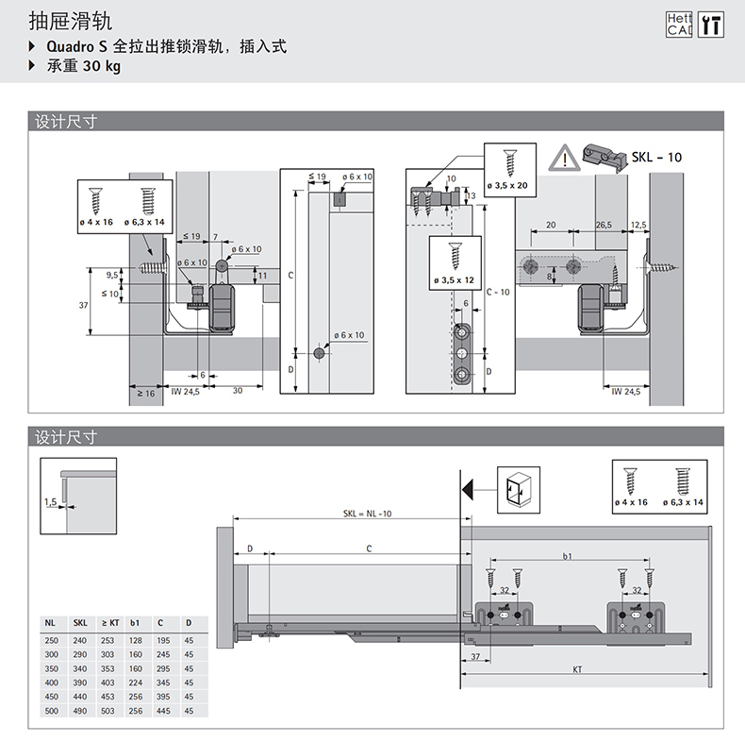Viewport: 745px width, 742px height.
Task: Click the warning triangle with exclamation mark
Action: [x=563, y=156]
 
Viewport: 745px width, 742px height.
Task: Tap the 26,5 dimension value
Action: [x=604, y=226]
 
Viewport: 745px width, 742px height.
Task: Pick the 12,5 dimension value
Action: [x=638, y=226]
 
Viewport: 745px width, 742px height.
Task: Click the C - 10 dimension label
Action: [x=499, y=292]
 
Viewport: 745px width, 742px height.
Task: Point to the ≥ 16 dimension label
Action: [x=145, y=393]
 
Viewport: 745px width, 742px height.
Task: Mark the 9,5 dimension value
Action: [x=112, y=275]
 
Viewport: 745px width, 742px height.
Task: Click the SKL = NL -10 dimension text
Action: [x=368, y=514]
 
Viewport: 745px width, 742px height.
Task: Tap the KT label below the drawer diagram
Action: [x=576, y=670]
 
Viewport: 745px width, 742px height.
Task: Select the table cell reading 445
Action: [x=161, y=710]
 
